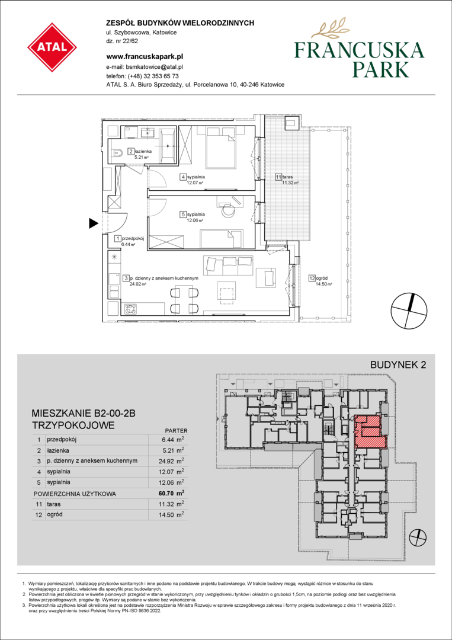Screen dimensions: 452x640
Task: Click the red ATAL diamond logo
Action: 52,47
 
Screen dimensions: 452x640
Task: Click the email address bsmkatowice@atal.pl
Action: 155,67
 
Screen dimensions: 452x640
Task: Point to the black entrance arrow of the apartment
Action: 94,223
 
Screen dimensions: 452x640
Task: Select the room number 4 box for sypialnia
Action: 184,177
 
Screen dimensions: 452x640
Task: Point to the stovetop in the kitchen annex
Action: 132,309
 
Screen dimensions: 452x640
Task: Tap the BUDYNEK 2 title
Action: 398,365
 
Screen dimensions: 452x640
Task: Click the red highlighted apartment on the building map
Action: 370,432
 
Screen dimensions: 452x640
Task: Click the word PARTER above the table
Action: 176,430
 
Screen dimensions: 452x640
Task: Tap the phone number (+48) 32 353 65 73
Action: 153,76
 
